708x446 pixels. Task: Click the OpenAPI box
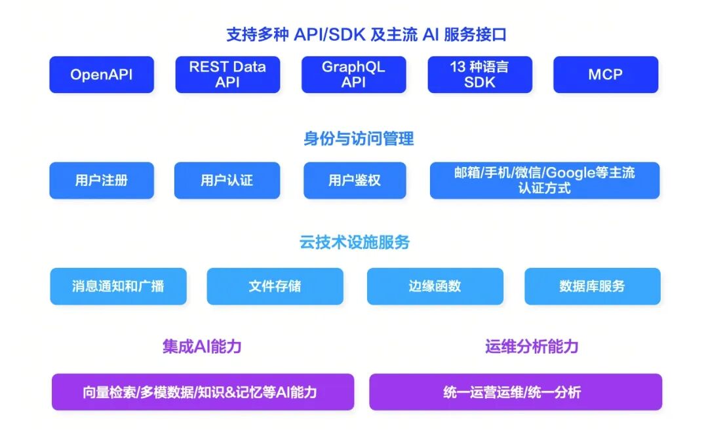[102, 75]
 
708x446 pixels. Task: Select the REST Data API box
[227, 75]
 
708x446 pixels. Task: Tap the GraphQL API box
[353, 75]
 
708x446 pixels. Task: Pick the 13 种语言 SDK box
[480, 75]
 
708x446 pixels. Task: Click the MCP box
[606, 75]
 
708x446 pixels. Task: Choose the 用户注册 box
[102, 180]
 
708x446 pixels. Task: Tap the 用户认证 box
[227, 180]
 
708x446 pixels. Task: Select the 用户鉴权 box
[355, 180]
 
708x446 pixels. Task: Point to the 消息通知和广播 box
[118, 286]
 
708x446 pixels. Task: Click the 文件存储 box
[275, 286]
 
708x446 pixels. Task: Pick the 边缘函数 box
[435, 286]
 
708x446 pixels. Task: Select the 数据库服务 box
[593, 286]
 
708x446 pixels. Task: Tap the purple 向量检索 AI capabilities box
[203, 392]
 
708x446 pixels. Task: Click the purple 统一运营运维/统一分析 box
[516, 392]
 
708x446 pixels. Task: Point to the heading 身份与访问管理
[359, 138]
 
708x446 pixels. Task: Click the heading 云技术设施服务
[355, 242]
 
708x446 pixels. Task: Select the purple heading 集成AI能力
[202, 347]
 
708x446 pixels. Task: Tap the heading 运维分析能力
[532, 347]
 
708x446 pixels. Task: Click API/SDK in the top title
[329, 35]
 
